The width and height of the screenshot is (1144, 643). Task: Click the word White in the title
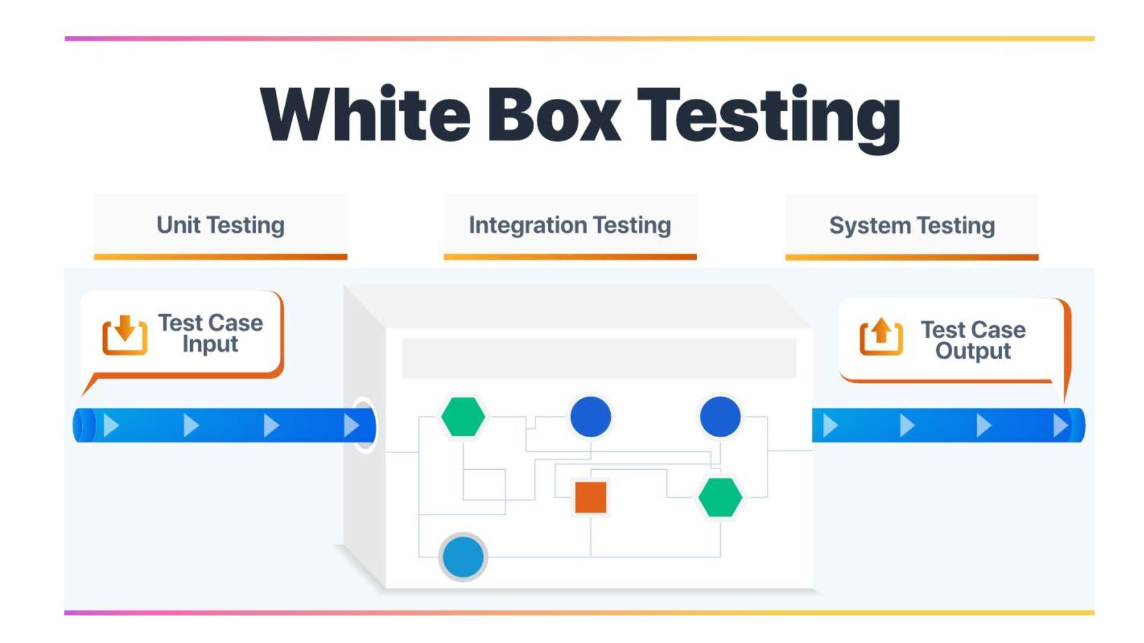[x=365, y=114]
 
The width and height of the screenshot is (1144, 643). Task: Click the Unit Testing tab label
[x=220, y=225]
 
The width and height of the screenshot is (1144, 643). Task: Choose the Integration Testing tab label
[x=570, y=225]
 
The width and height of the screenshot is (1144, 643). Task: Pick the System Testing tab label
[x=912, y=226]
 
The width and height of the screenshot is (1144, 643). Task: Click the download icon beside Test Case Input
[x=125, y=335]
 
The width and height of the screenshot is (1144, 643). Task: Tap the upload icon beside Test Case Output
[x=881, y=337]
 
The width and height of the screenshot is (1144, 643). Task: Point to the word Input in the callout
[x=210, y=344]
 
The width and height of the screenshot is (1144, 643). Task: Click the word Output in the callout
[x=973, y=351]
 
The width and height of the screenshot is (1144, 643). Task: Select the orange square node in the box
[x=590, y=497]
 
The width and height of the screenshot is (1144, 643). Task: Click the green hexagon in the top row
[x=463, y=416]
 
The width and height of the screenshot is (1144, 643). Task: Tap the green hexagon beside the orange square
[x=720, y=497]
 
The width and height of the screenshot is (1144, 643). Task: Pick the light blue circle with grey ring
[x=463, y=557]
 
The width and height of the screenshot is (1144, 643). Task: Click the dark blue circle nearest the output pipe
[x=720, y=416]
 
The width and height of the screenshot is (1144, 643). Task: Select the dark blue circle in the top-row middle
[x=590, y=416]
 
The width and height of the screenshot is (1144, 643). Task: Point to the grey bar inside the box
[x=599, y=358]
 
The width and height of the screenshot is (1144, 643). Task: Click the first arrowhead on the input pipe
[x=111, y=426]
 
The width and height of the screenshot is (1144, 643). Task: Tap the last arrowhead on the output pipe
[x=1060, y=426]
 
